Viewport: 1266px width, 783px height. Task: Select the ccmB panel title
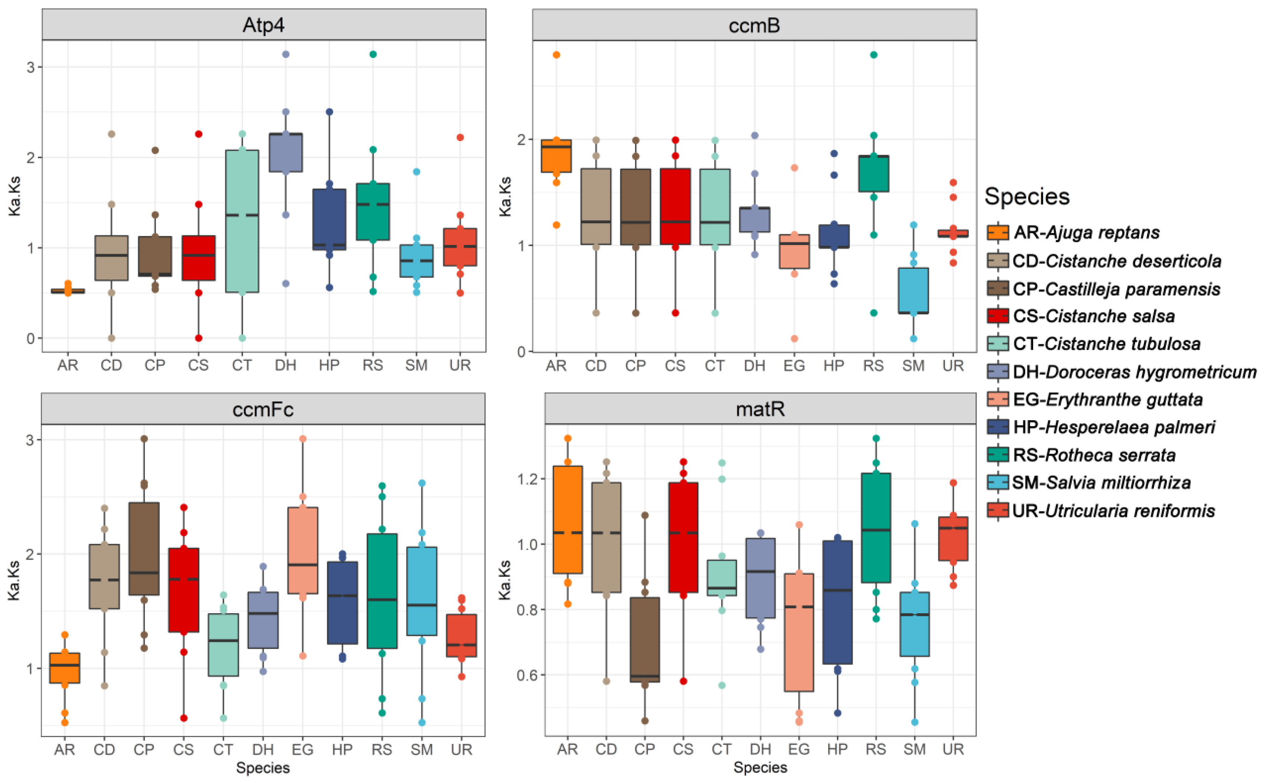click(x=754, y=25)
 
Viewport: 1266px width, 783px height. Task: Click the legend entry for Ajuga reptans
click(x=1086, y=232)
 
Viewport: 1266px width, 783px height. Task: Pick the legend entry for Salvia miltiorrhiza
click(x=1101, y=482)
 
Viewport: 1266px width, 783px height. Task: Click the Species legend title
click(x=1026, y=197)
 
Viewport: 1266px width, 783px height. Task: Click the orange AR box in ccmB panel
click(x=556, y=155)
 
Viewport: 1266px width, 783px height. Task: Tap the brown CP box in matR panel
click(x=645, y=640)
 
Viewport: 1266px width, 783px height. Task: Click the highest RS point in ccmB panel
click(x=874, y=55)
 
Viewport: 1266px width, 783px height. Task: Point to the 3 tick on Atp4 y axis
click(x=31, y=67)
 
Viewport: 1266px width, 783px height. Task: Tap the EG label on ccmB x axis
click(x=794, y=366)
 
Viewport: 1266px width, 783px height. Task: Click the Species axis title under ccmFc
click(x=263, y=768)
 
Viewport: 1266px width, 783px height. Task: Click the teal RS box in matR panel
click(x=876, y=528)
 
